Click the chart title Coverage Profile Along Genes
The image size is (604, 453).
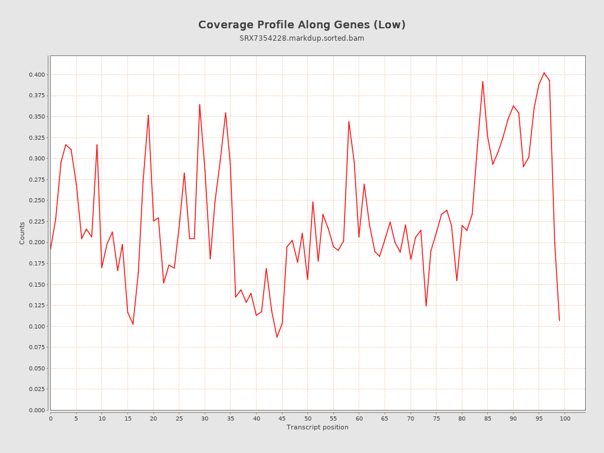point(301,25)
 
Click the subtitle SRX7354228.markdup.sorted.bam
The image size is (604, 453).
point(301,38)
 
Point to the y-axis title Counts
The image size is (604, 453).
point(22,233)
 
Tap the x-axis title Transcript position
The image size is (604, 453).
point(317,427)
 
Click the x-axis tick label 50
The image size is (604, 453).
point(308,419)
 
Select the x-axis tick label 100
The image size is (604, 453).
point(565,419)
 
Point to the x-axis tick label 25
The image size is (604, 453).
point(179,419)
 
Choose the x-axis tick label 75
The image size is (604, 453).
point(436,419)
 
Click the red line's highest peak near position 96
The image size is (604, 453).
point(544,73)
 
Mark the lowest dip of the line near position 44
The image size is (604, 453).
point(277,337)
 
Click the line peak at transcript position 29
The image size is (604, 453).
point(199,104)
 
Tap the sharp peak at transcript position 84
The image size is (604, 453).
point(482,81)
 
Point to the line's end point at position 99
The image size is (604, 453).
point(559,320)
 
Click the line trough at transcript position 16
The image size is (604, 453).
point(133,324)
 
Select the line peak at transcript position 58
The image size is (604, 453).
point(349,122)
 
